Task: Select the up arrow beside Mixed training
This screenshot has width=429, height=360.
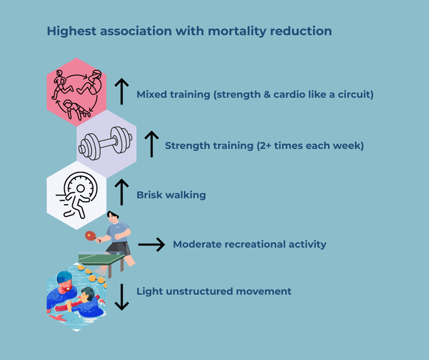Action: (x=121, y=91)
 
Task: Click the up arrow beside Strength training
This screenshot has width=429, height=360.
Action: (x=151, y=143)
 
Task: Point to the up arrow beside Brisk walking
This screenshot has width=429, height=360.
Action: (x=121, y=192)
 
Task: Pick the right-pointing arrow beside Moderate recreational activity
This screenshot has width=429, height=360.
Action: (x=151, y=245)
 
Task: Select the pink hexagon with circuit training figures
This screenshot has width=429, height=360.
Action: (x=76, y=92)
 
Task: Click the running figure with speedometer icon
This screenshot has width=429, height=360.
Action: (x=76, y=195)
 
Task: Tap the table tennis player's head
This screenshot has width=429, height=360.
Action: (x=113, y=218)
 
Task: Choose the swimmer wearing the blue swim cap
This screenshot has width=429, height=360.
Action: (x=62, y=287)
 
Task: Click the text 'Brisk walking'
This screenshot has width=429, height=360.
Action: (x=171, y=195)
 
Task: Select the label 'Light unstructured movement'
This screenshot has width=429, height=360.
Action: (x=214, y=291)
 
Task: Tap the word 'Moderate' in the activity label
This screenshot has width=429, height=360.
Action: (x=198, y=244)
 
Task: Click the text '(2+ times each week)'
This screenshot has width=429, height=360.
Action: (x=310, y=146)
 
